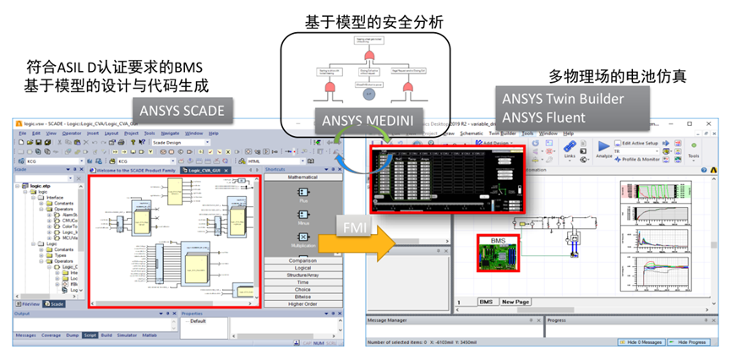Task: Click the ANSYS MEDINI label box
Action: [365, 121]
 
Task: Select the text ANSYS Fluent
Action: [543, 117]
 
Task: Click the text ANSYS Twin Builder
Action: [563, 98]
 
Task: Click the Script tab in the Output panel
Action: [90, 335]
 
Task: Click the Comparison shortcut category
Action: [303, 260]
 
